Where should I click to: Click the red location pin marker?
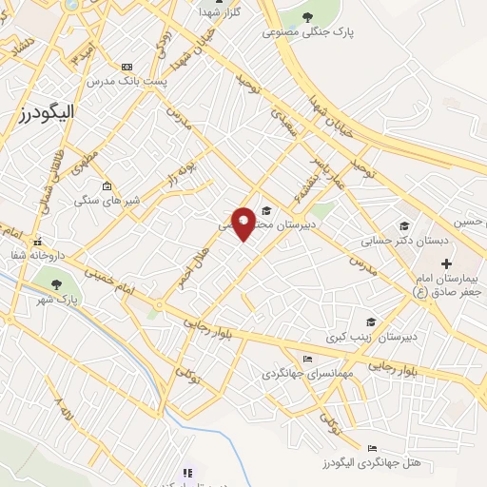click(x=243, y=222)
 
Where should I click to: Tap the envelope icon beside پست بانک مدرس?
click(x=127, y=68)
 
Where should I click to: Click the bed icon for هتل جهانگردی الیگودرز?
click(x=371, y=448)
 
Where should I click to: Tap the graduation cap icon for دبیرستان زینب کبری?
click(x=370, y=321)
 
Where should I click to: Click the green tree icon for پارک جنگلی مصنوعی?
click(x=307, y=16)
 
